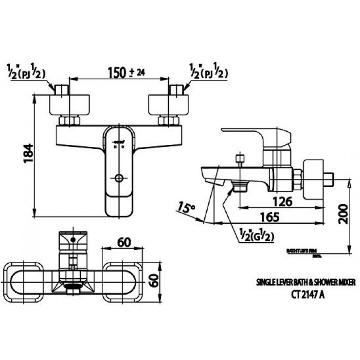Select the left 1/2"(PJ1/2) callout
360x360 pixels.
[27, 72]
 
